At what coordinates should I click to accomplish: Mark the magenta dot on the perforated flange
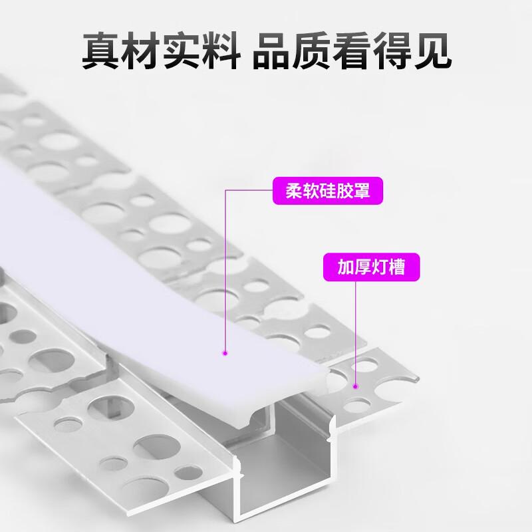click(356, 384)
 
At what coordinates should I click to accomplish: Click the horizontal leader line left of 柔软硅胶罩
click(249, 191)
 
